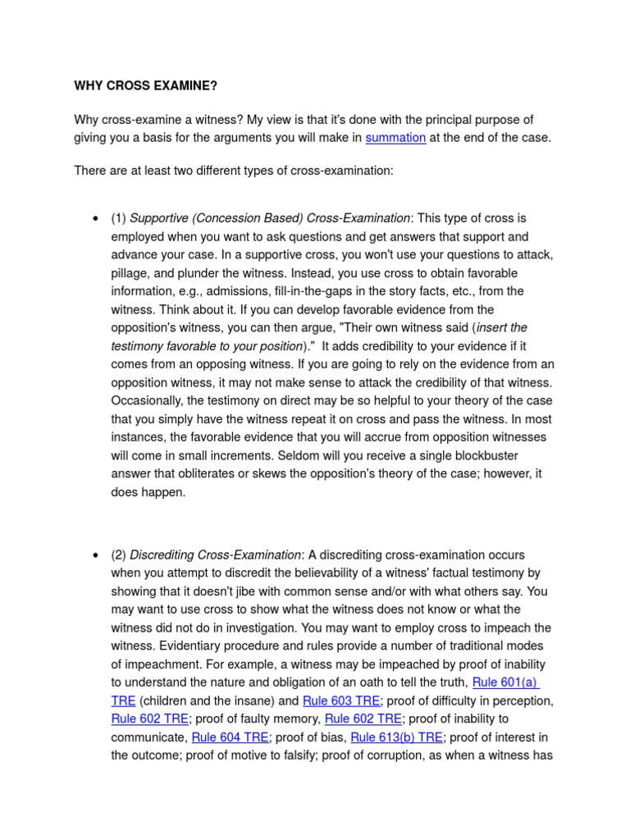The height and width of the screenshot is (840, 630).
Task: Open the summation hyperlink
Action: click(x=395, y=138)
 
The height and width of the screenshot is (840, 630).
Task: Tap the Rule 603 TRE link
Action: click(x=341, y=701)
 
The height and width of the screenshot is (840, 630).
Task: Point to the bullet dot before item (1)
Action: click(x=96, y=219)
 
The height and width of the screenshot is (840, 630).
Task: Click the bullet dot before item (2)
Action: click(x=96, y=555)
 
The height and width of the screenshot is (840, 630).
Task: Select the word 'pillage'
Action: click(x=132, y=273)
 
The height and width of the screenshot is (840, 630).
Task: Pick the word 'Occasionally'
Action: click(x=147, y=401)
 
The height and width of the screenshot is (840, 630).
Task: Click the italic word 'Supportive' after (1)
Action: click(x=159, y=218)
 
